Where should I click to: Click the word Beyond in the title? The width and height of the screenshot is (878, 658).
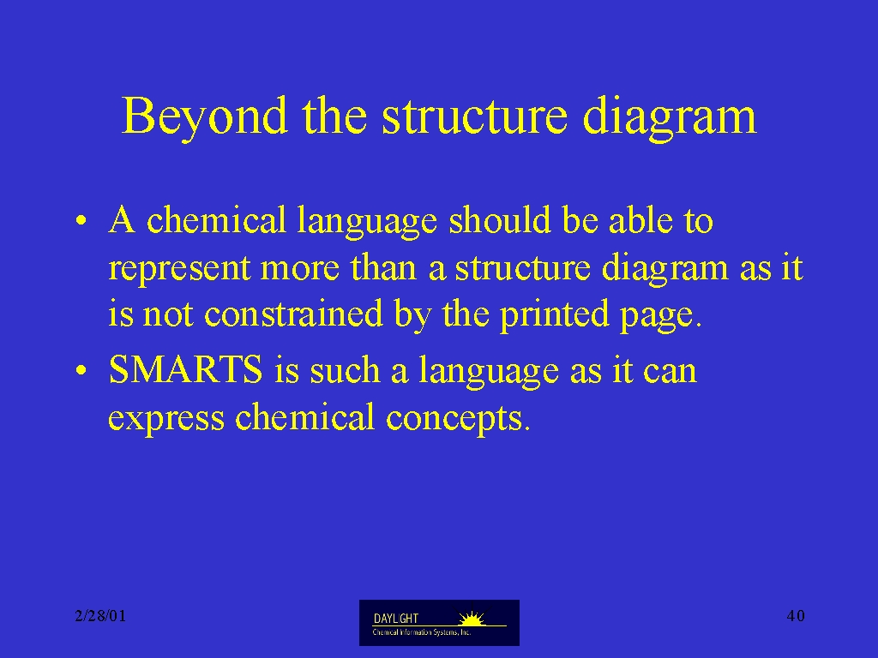pos(205,117)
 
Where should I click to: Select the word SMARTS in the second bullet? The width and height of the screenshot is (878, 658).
pos(185,369)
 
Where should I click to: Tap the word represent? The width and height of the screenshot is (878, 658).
pos(179,268)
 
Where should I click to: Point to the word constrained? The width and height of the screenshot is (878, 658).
pos(293,314)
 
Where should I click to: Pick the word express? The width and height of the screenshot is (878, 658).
pos(166,418)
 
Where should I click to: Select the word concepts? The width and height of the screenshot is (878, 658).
pos(454,418)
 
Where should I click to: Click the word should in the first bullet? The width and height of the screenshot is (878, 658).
pos(500,219)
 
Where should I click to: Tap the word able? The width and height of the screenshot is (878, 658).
pos(640,219)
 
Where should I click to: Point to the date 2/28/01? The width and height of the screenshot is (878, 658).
pos(101,616)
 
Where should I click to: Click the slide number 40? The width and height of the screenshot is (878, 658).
pos(796,616)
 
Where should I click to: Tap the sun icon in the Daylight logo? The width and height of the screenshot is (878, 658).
pos(472,619)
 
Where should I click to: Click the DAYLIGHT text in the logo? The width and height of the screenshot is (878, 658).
pos(396,619)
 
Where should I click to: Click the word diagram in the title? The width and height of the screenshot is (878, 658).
pos(670,117)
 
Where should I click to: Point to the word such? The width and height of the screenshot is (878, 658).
pos(345,369)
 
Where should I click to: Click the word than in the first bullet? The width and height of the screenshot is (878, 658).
pos(383,267)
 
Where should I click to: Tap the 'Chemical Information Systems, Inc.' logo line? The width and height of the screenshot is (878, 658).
pos(422,632)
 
